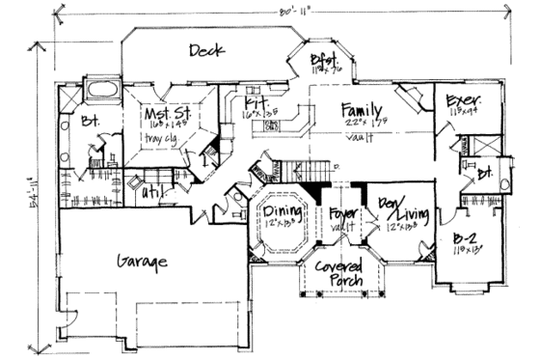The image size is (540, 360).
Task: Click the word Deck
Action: (x=208, y=50)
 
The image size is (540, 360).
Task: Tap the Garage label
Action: (x=144, y=262)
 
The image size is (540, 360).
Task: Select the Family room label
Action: (x=363, y=110)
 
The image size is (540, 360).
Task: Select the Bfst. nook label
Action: (x=322, y=60)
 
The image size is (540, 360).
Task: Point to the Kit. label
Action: (x=256, y=101)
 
